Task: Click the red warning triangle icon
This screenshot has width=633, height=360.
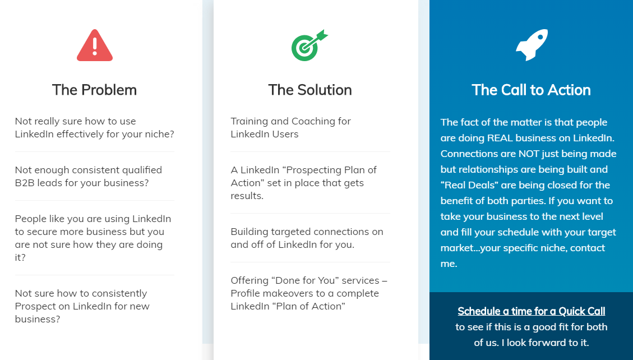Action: (94, 45)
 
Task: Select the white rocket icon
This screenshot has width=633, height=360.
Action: (532, 45)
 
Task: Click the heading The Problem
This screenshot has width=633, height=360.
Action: (94, 90)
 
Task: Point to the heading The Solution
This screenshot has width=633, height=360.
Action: (310, 90)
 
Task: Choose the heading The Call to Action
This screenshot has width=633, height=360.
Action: (532, 90)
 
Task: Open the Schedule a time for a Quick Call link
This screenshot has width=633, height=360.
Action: (532, 311)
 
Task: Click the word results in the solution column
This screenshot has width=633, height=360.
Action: (247, 196)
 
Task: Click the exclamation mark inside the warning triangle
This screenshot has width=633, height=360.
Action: (94, 46)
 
